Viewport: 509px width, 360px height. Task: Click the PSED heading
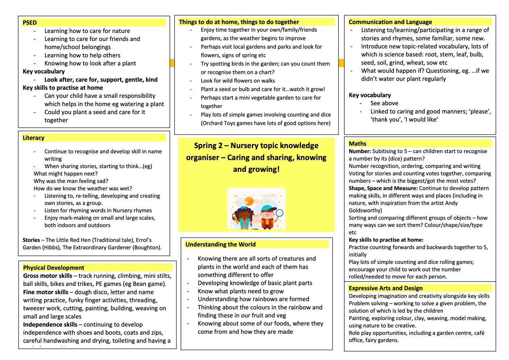30,23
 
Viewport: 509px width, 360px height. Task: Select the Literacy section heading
33,138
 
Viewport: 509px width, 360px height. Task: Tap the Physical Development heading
54,268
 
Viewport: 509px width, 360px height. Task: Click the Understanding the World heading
221,244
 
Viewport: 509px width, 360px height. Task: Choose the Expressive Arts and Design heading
385,288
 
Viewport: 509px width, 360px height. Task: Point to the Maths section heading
357,144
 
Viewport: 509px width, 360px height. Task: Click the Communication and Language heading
390,22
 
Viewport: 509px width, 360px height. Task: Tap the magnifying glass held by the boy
279,213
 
